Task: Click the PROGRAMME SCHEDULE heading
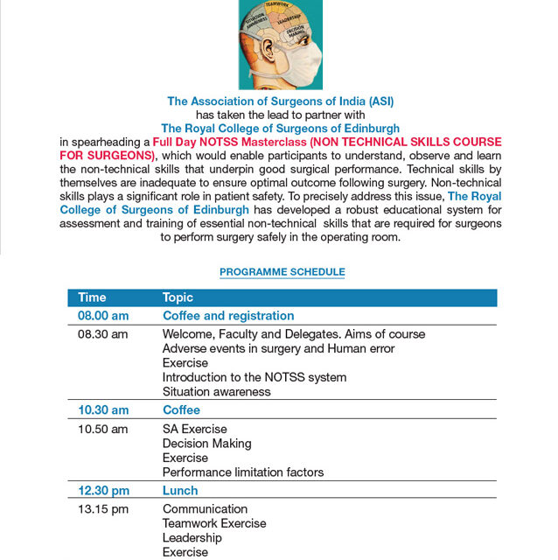point(282,272)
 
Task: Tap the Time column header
point(92,297)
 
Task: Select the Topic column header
point(178,297)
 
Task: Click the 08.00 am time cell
point(103,316)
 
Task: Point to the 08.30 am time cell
point(102,334)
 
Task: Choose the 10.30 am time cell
point(103,410)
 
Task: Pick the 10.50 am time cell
point(102,430)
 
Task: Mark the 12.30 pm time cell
point(103,491)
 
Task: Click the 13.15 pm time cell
point(102,509)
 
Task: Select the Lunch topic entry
point(180,491)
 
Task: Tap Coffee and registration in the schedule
point(228,316)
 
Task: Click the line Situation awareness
point(216,392)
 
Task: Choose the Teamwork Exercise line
point(214,523)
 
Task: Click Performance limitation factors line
point(242,472)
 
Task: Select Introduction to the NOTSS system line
point(254,377)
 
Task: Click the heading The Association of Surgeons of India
point(280,101)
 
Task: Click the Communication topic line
point(205,509)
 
